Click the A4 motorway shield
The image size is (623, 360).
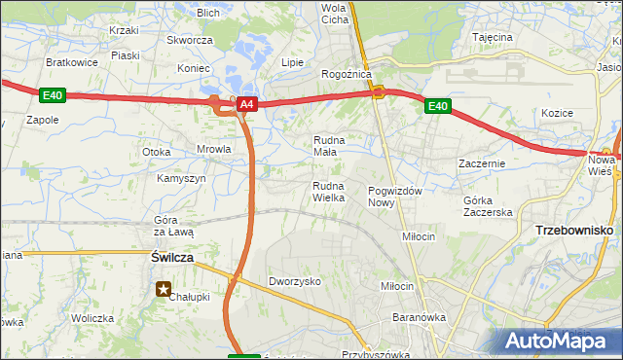coord(246,103)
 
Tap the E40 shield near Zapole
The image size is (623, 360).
coord(53,94)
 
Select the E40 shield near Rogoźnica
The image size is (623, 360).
coord(437,106)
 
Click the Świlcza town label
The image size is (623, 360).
coord(172,257)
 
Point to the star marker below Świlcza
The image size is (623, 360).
coord(164,288)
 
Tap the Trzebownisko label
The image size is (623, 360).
coord(573,230)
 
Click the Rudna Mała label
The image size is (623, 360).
coord(329,145)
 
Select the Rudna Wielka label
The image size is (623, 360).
coord(329,192)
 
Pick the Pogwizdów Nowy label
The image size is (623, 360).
coord(394,197)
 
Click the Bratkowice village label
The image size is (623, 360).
coord(70,61)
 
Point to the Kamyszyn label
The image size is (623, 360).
coord(181,179)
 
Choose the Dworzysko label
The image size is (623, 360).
coord(295,280)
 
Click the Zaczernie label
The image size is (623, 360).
coord(482,163)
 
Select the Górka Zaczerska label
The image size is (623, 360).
coord(488,205)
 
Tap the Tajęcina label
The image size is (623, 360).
coord(493,37)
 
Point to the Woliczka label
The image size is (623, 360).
coord(92,318)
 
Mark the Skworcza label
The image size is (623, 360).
coord(190,40)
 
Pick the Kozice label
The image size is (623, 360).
coord(558,113)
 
